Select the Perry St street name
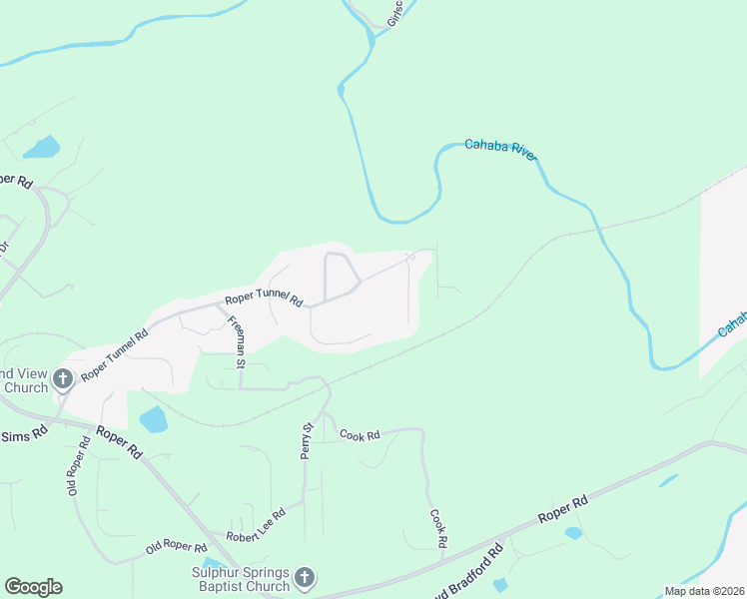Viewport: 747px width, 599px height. tap(308, 440)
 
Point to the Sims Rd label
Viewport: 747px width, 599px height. tap(24, 435)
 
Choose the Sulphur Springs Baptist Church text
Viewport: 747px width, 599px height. tap(240, 579)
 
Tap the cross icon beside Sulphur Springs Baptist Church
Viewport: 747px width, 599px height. tap(305, 578)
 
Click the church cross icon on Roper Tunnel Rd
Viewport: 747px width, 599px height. tap(63, 378)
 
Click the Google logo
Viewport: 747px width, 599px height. tap(33, 587)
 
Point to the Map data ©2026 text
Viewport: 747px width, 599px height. tap(704, 591)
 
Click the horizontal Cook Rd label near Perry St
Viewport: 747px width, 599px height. tap(360, 435)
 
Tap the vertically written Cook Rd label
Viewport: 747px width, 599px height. tap(436, 528)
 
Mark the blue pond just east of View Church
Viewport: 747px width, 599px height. tap(154, 420)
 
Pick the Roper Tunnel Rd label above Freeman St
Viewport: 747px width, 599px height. tap(263, 298)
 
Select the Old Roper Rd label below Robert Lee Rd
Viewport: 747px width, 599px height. tap(176, 548)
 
